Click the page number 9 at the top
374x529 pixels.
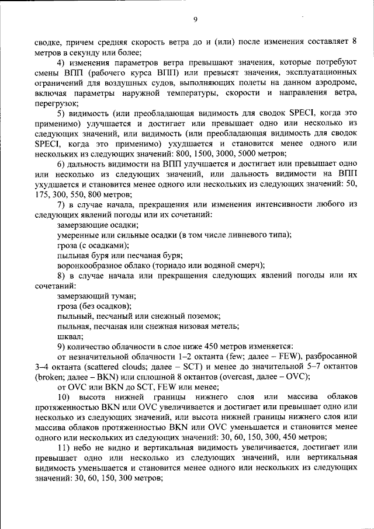point(195,20)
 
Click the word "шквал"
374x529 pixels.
point(70,337)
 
